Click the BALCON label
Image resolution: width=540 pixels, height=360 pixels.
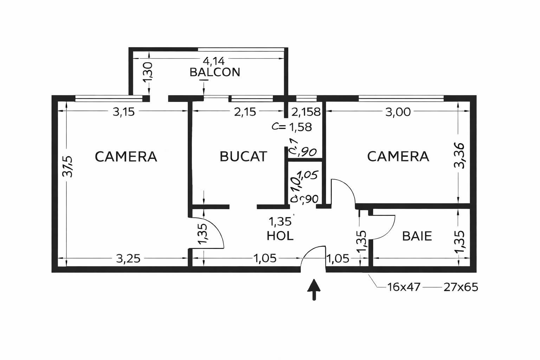(x=214, y=72)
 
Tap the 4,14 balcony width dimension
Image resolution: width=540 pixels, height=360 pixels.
(x=214, y=61)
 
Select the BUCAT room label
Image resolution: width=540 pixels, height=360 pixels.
(x=243, y=156)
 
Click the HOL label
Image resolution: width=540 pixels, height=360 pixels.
(x=280, y=236)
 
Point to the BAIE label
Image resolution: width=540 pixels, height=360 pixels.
(x=417, y=236)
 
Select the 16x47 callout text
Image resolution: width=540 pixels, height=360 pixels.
(x=404, y=287)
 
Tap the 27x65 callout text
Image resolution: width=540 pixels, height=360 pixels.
(x=461, y=287)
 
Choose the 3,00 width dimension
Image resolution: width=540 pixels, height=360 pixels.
(x=398, y=112)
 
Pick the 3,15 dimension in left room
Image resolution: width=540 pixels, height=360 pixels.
(x=123, y=112)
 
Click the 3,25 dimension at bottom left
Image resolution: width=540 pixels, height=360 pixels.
(x=128, y=259)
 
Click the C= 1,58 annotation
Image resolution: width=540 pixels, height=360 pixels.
(x=292, y=127)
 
